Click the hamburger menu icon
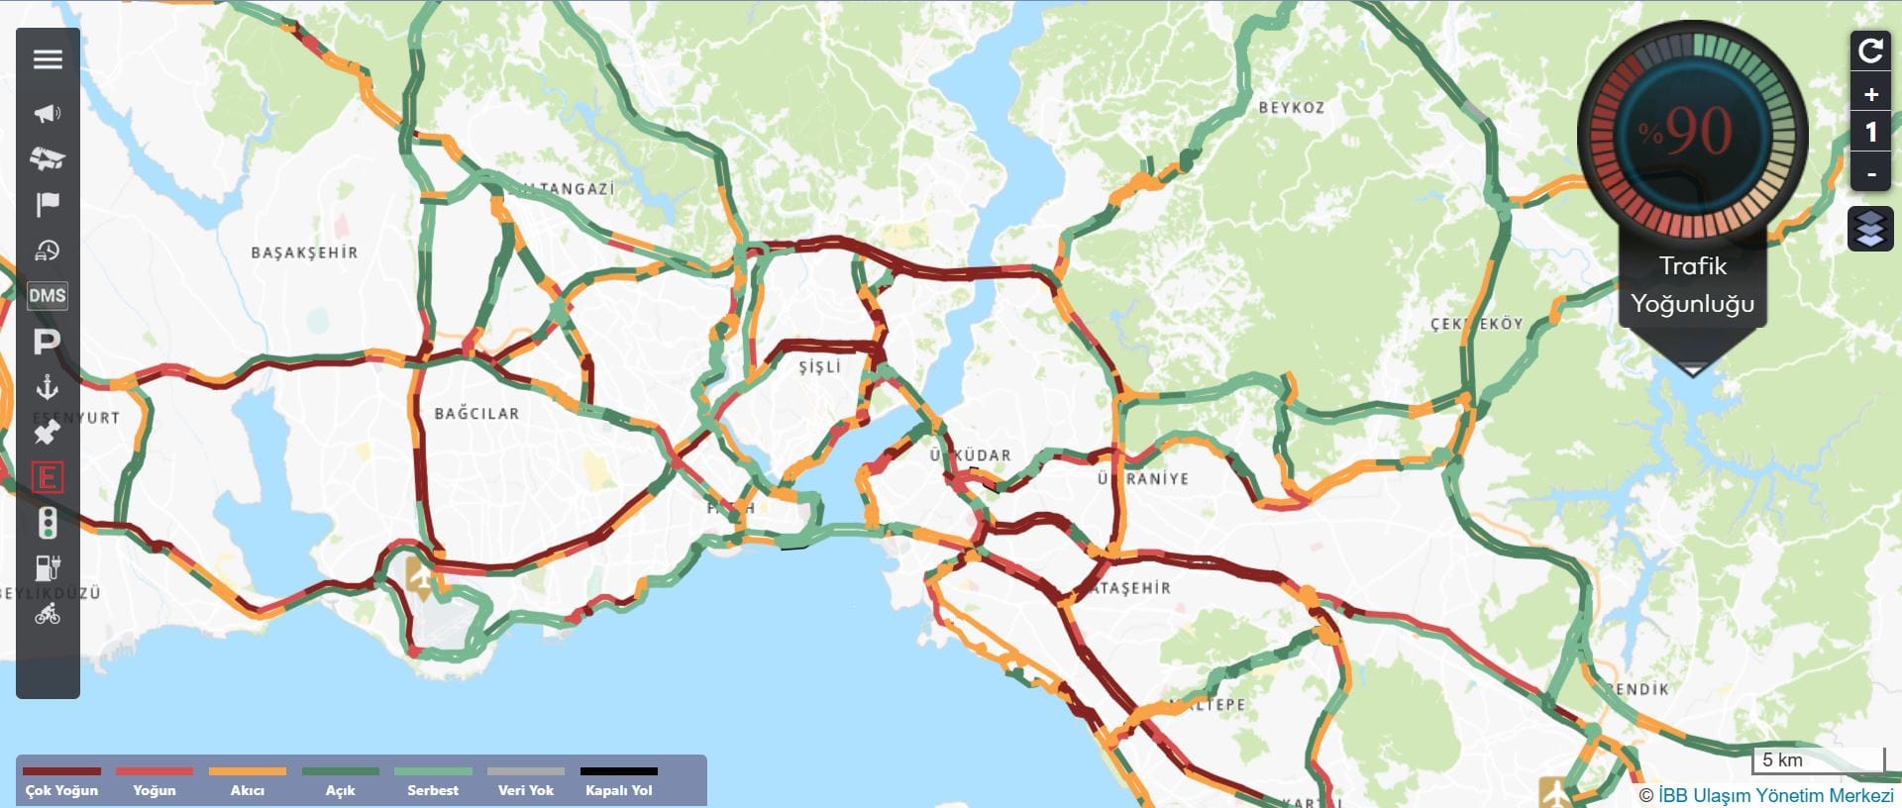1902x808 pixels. [48, 59]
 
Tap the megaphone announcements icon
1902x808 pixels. [48, 114]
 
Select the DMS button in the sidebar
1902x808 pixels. [48, 296]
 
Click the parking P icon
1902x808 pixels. [48, 343]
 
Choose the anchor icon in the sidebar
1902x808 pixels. [48, 387]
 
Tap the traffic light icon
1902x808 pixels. [48, 523]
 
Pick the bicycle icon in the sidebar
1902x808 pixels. [48, 615]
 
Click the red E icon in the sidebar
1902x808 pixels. [48, 478]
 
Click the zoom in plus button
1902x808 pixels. [1870, 95]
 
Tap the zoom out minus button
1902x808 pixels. [1870, 174]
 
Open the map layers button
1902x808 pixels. [1870, 229]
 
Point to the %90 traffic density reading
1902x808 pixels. [1692, 131]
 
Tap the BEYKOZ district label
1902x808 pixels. [1291, 108]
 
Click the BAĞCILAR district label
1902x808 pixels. [476, 414]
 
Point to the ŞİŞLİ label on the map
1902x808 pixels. [819, 367]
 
